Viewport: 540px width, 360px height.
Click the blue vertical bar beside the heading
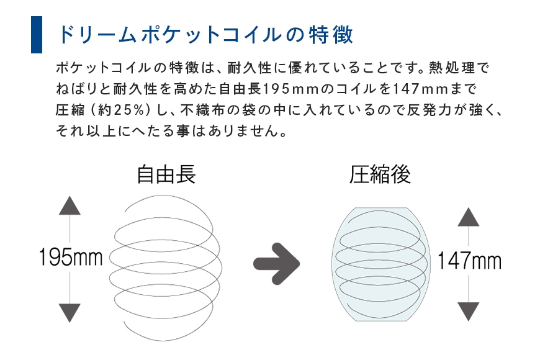coord(37,35)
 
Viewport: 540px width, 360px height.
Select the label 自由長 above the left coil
coord(166,174)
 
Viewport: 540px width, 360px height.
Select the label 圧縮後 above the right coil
coord(380,174)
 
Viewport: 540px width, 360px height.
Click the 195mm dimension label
coord(71,257)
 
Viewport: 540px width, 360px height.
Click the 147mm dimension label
coord(469,261)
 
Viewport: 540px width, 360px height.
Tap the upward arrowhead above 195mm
coord(70,205)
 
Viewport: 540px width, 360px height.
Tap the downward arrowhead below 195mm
coord(70,313)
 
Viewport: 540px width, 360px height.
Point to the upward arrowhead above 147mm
coord(469,217)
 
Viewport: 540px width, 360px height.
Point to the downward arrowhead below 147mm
coord(469,312)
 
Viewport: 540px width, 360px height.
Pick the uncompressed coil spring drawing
coord(166,268)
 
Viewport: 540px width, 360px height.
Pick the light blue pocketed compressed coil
coord(380,264)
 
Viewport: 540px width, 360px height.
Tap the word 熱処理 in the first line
coord(452,68)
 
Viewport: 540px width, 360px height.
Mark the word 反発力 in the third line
coord(429,110)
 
